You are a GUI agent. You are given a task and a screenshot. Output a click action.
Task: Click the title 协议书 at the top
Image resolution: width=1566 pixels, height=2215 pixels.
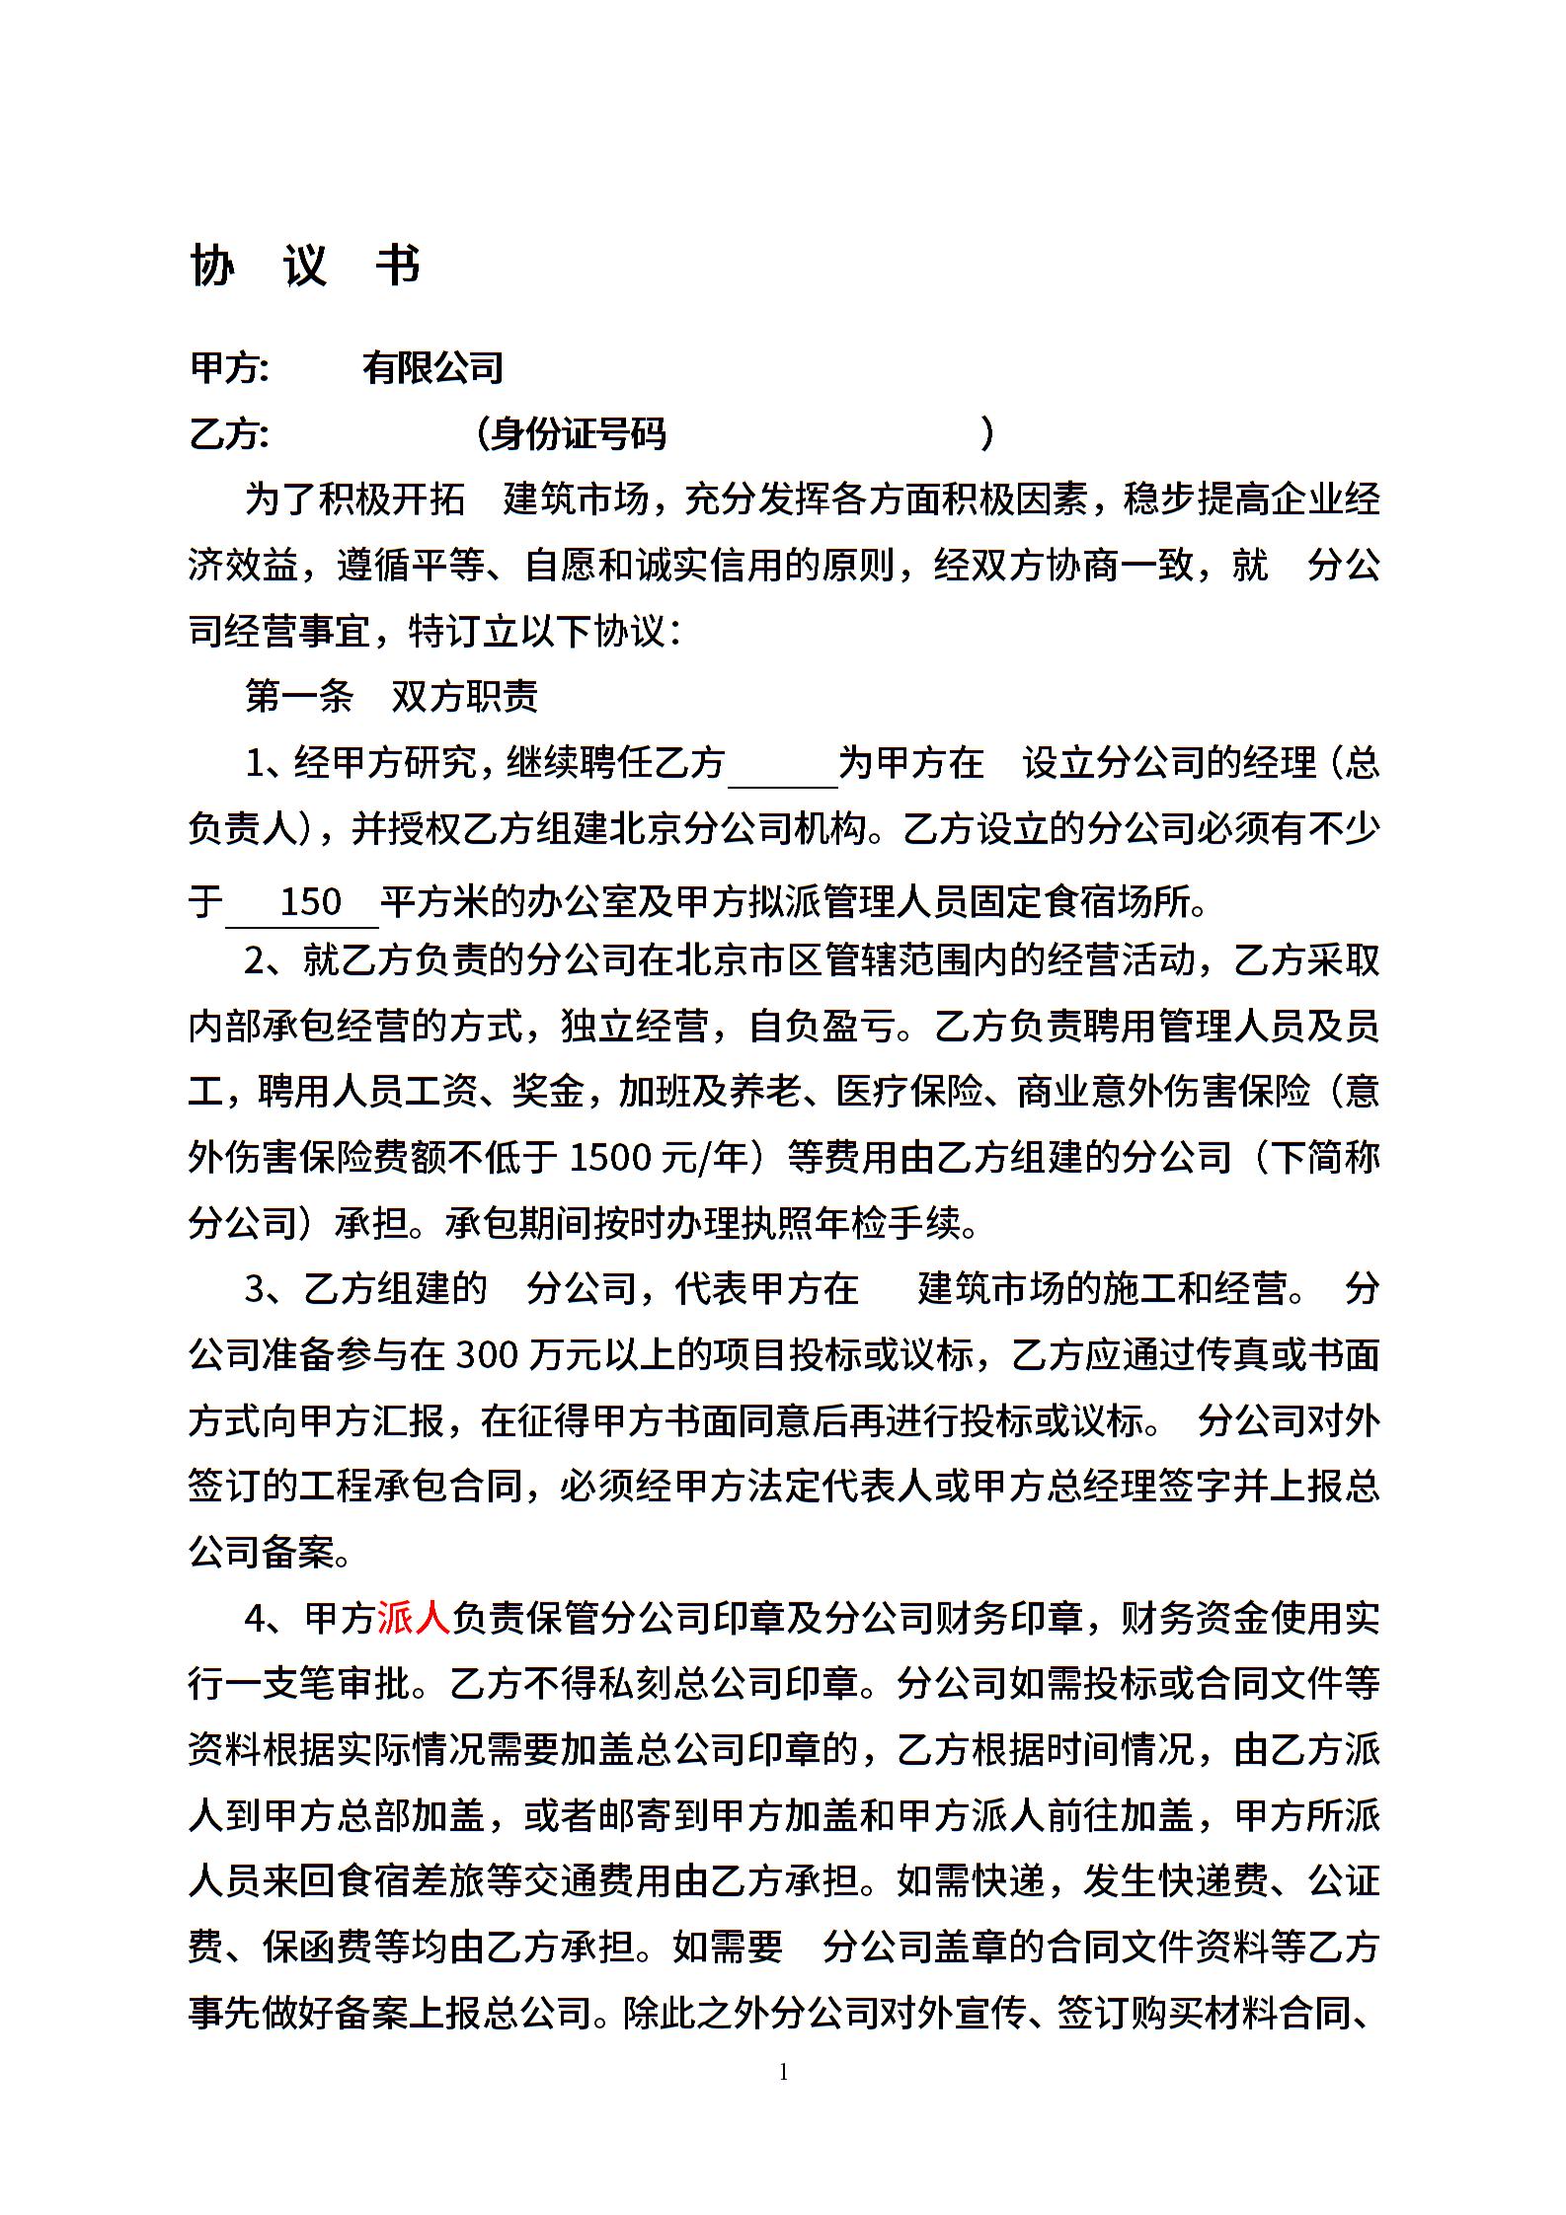pyautogui.click(x=305, y=265)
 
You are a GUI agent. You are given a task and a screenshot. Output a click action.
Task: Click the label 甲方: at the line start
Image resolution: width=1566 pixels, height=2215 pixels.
pyautogui.click(x=229, y=367)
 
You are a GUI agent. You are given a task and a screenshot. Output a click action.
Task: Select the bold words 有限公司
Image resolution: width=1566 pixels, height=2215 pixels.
pyautogui.click(x=432, y=367)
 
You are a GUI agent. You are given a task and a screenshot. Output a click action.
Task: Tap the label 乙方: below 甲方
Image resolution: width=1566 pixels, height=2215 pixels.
pyautogui.click(x=229, y=433)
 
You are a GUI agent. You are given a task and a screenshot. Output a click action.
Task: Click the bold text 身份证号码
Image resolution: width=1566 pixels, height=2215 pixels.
pyautogui.click(x=579, y=433)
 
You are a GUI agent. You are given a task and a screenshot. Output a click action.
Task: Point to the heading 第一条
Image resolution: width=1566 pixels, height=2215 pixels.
pyautogui.click(x=299, y=697)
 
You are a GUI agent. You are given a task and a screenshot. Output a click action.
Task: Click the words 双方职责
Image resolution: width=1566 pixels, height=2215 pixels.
pyautogui.click(x=464, y=697)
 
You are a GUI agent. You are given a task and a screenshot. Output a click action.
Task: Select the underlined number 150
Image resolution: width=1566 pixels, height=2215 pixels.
pyautogui.click(x=310, y=901)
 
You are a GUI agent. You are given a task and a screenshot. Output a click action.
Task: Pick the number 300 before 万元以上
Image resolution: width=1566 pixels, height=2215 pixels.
pyautogui.click(x=488, y=1354)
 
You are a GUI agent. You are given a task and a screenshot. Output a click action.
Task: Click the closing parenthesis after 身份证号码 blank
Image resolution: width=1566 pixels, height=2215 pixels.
pyautogui.click(x=986, y=433)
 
